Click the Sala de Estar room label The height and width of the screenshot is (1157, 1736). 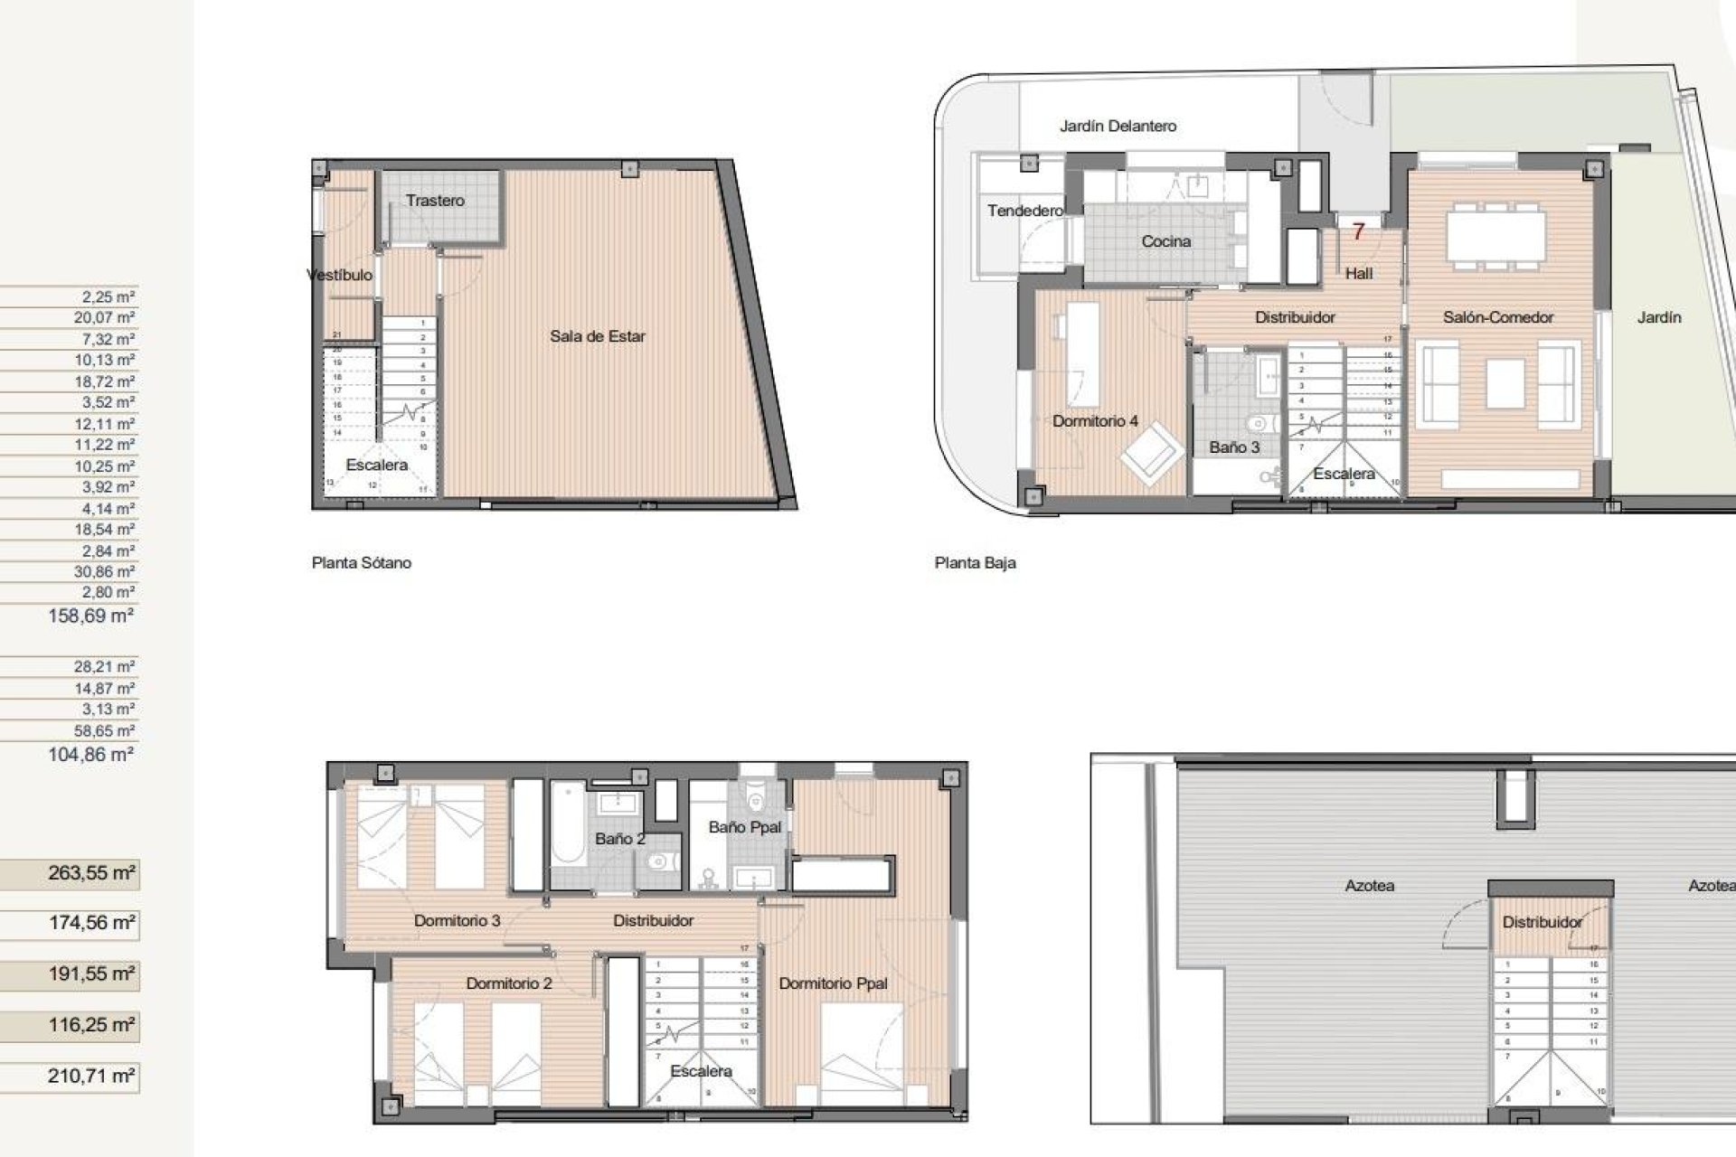(x=597, y=336)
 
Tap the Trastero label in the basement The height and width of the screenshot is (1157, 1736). (x=435, y=201)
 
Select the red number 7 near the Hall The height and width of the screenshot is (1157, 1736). (x=1357, y=232)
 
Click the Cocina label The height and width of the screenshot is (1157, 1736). (x=1165, y=241)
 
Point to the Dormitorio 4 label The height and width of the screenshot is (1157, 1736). (x=1094, y=421)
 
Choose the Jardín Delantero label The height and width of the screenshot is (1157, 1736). (x=1118, y=127)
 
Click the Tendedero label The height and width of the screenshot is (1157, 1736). (x=1024, y=211)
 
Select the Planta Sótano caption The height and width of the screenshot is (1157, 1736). (x=362, y=562)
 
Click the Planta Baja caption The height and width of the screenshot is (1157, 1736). (x=975, y=562)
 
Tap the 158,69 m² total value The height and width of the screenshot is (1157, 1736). (x=91, y=616)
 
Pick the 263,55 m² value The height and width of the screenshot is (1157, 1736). (x=91, y=873)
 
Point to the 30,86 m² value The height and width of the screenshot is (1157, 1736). (x=104, y=571)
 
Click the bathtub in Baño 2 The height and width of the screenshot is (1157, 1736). (x=568, y=832)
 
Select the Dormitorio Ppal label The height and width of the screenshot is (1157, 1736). (x=833, y=983)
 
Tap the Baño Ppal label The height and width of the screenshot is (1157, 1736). (x=744, y=827)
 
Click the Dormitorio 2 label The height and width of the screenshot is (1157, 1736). (x=508, y=983)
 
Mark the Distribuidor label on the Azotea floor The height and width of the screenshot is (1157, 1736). (x=1542, y=922)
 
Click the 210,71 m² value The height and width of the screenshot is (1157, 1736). (x=91, y=1076)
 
